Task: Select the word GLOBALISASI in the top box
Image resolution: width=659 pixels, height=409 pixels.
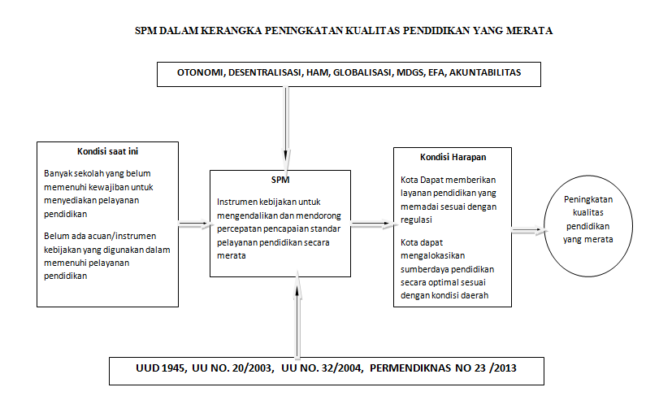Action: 344,73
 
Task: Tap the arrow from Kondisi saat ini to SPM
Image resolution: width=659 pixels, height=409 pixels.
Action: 193,225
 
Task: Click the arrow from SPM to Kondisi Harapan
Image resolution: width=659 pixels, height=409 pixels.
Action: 372,225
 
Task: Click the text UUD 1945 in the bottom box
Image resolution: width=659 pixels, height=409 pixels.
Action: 158,368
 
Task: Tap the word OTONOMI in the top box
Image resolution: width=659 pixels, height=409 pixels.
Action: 201,73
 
